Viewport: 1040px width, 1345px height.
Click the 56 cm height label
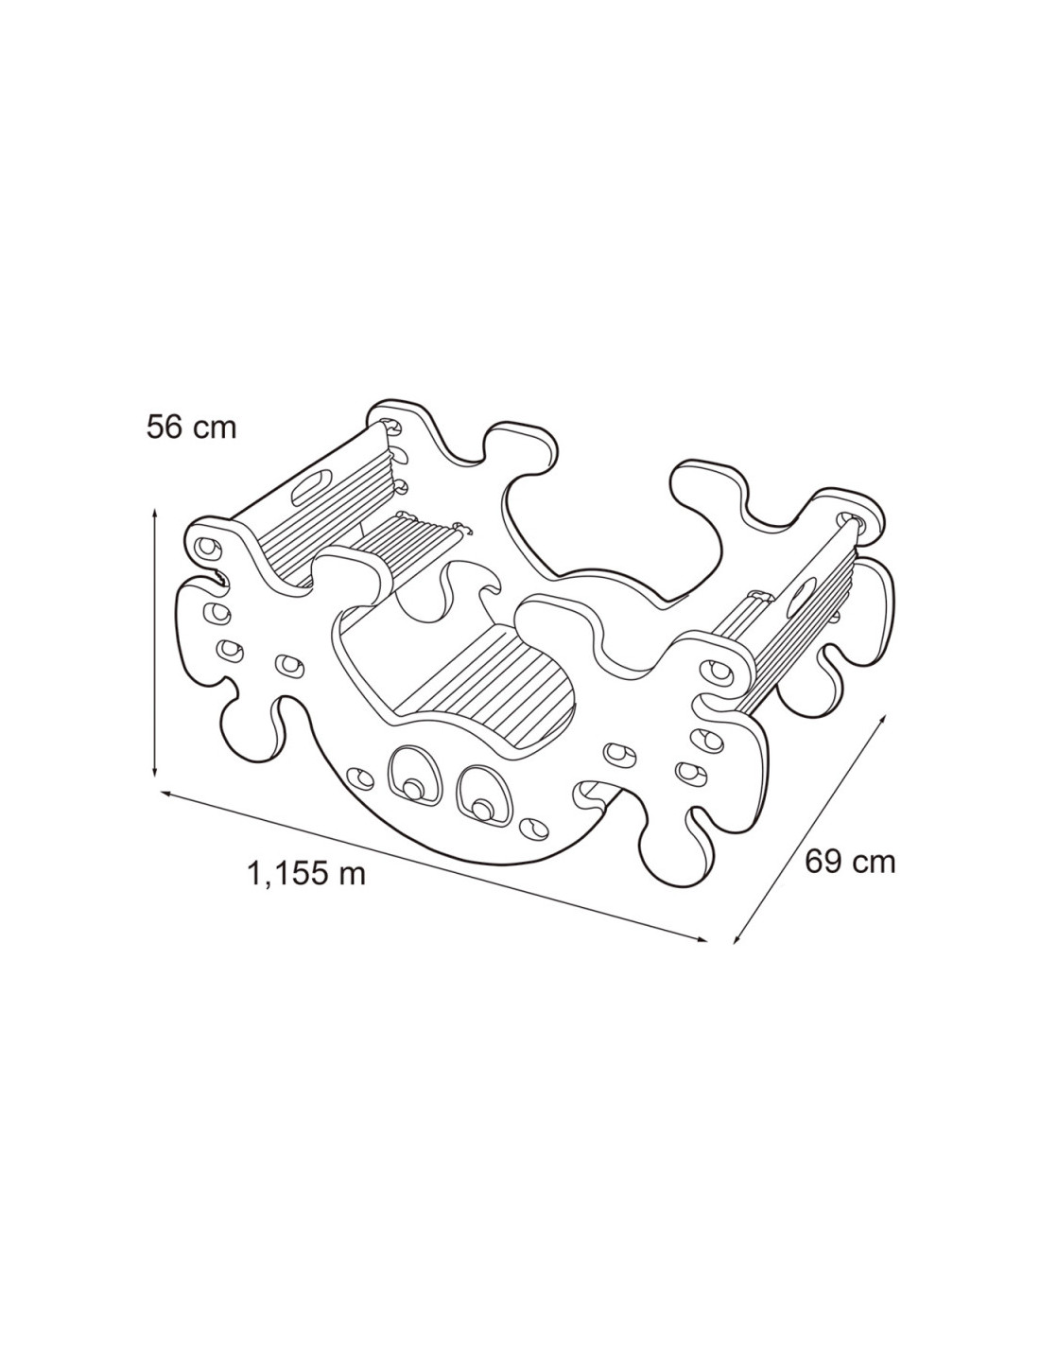191,428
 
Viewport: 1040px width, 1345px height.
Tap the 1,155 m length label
306,873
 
